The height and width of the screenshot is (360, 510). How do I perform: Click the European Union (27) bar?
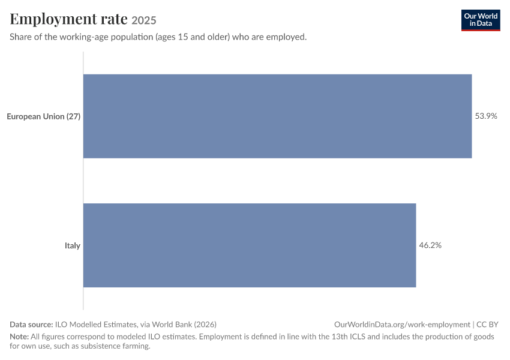pyautogui.click(x=277, y=116)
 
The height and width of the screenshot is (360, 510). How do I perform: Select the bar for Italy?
pyautogui.click(x=250, y=245)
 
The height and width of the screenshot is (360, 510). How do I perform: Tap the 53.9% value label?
pyautogui.click(x=486, y=116)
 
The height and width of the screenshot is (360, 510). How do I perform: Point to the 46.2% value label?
pyautogui.click(x=430, y=245)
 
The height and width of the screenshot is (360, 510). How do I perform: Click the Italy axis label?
pyautogui.click(x=73, y=245)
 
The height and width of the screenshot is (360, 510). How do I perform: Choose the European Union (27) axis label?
pyautogui.click(x=44, y=116)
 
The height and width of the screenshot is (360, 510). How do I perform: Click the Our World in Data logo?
pyautogui.click(x=481, y=20)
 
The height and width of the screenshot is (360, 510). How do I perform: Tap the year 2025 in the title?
pyautogui.click(x=144, y=20)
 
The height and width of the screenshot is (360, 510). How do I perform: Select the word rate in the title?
pyautogui.click(x=114, y=19)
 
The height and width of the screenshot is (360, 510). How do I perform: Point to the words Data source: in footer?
pyautogui.click(x=31, y=324)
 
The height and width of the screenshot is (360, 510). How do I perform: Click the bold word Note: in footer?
pyautogui.click(x=19, y=336)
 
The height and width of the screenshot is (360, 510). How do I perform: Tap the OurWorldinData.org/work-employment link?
pyautogui.click(x=402, y=325)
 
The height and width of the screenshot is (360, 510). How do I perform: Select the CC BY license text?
pyautogui.click(x=487, y=324)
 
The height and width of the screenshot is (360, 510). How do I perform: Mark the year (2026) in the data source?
pyautogui.click(x=205, y=325)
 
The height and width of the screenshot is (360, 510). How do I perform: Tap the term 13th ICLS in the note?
pyautogui.click(x=346, y=336)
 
